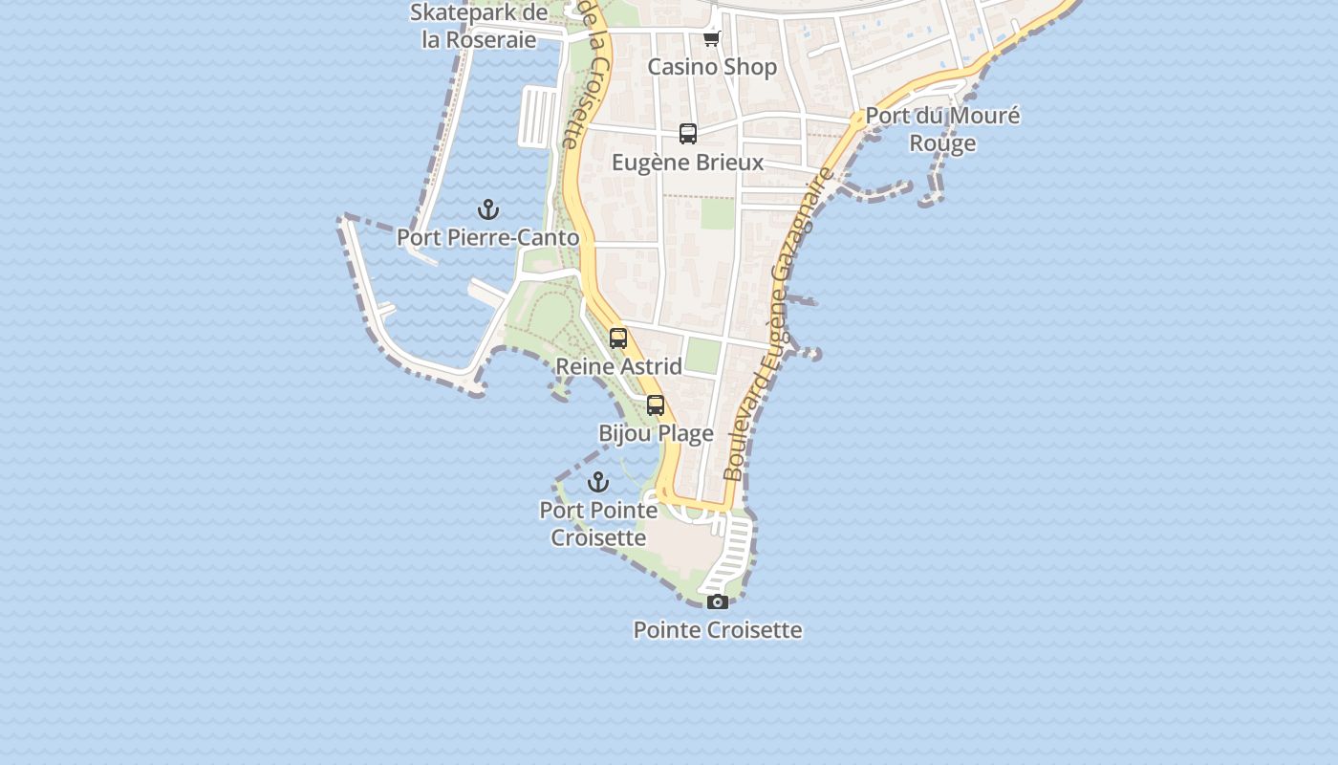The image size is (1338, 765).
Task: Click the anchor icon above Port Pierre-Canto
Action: click(x=488, y=209)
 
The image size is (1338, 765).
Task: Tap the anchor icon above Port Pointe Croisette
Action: click(x=598, y=481)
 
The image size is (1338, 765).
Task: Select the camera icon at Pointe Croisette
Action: click(x=718, y=601)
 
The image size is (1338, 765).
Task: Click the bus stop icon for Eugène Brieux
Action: click(x=688, y=134)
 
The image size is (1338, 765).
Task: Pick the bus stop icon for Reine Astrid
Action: click(x=618, y=339)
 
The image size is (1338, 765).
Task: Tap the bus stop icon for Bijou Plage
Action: click(x=656, y=405)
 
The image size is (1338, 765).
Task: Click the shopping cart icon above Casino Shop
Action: click(x=711, y=39)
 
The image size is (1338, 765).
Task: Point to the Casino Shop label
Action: click(x=712, y=67)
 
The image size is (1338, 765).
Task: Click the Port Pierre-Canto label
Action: click(x=487, y=237)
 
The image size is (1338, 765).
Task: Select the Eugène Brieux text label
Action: click(x=688, y=163)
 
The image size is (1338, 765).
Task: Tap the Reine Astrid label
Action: click(x=618, y=366)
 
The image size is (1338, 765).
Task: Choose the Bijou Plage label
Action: click(x=656, y=433)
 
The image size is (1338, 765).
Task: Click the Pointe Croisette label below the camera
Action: click(x=718, y=630)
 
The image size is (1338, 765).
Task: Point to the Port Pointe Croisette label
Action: click(x=599, y=524)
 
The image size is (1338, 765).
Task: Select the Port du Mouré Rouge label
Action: click(x=942, y=129)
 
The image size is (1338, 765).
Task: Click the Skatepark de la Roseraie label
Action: click(x=479, y=26)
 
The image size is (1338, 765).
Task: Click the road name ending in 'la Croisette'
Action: click(x=585, y=76)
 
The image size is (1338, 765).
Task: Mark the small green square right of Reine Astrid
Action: click(x=702, y=356)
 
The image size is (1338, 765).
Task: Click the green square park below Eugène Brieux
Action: click(x=718, y=213)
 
